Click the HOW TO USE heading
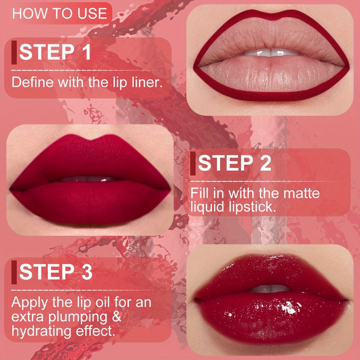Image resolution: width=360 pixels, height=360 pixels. tap(59, 14)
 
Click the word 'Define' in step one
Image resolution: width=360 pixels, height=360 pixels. tap(32, 82)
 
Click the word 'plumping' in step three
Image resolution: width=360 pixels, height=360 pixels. tap(85, 318)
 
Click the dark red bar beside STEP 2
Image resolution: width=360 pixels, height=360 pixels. tap(193, 164)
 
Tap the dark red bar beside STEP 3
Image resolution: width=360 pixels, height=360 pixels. tap(14, 271)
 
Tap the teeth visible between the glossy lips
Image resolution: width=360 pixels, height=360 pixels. tap(270, 288)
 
